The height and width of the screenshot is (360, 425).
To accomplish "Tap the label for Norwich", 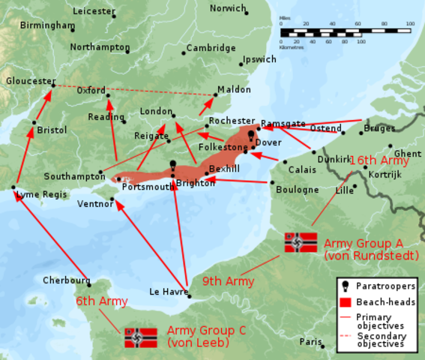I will (x=228, y=8).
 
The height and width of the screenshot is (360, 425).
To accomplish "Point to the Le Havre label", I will (x=167, y=292).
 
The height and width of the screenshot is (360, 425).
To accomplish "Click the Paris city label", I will (x=311, y=341).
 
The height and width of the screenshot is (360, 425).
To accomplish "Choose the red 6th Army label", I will (x=100, y=301).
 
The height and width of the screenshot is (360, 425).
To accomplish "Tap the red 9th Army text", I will (x=228, y=281).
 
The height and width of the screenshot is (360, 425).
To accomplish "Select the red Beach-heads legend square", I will (x=344, y=301).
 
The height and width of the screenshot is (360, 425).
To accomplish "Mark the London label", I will (x=157, y=112).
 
